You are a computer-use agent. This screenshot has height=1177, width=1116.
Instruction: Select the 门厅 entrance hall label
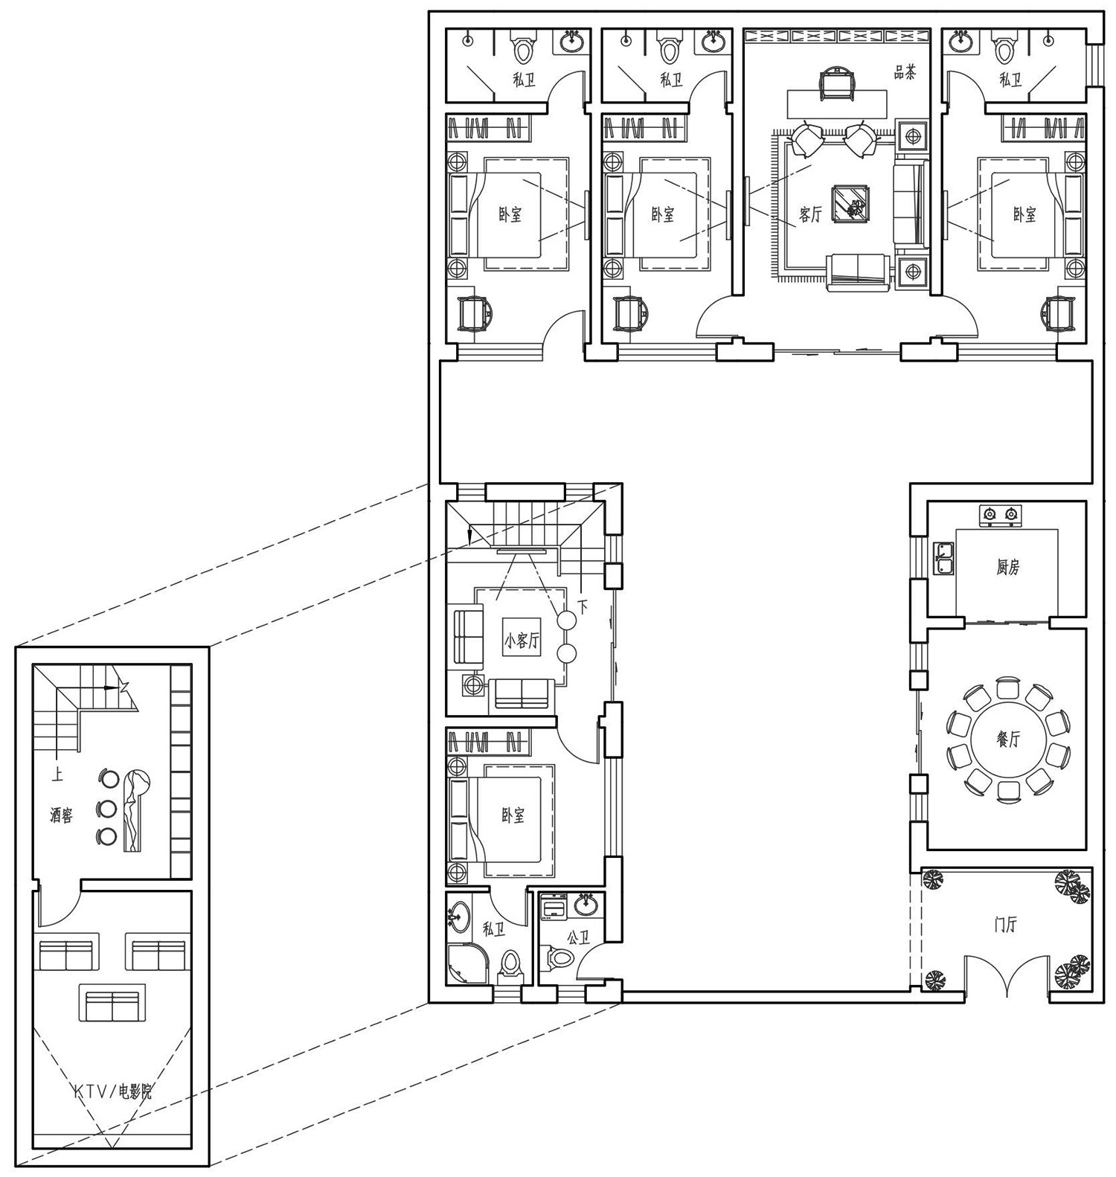click(1006, 925)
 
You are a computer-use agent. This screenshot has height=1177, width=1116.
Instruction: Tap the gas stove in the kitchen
click(999, 515)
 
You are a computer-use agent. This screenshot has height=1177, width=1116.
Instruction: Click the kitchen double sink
click(944, 559)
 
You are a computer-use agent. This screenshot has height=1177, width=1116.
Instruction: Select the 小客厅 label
click(521, 641)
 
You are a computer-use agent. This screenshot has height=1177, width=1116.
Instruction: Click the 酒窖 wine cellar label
click(62, 815)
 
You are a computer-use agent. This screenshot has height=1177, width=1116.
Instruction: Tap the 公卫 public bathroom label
click(578, 937)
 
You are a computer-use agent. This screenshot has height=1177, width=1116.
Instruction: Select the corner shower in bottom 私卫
click(466, 964)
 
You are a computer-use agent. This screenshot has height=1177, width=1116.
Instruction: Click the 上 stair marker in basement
click(57, 775)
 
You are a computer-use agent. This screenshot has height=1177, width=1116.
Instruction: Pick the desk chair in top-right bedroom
click(1057, 312)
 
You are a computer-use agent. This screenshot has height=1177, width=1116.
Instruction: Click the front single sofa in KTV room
click(112, 1005)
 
